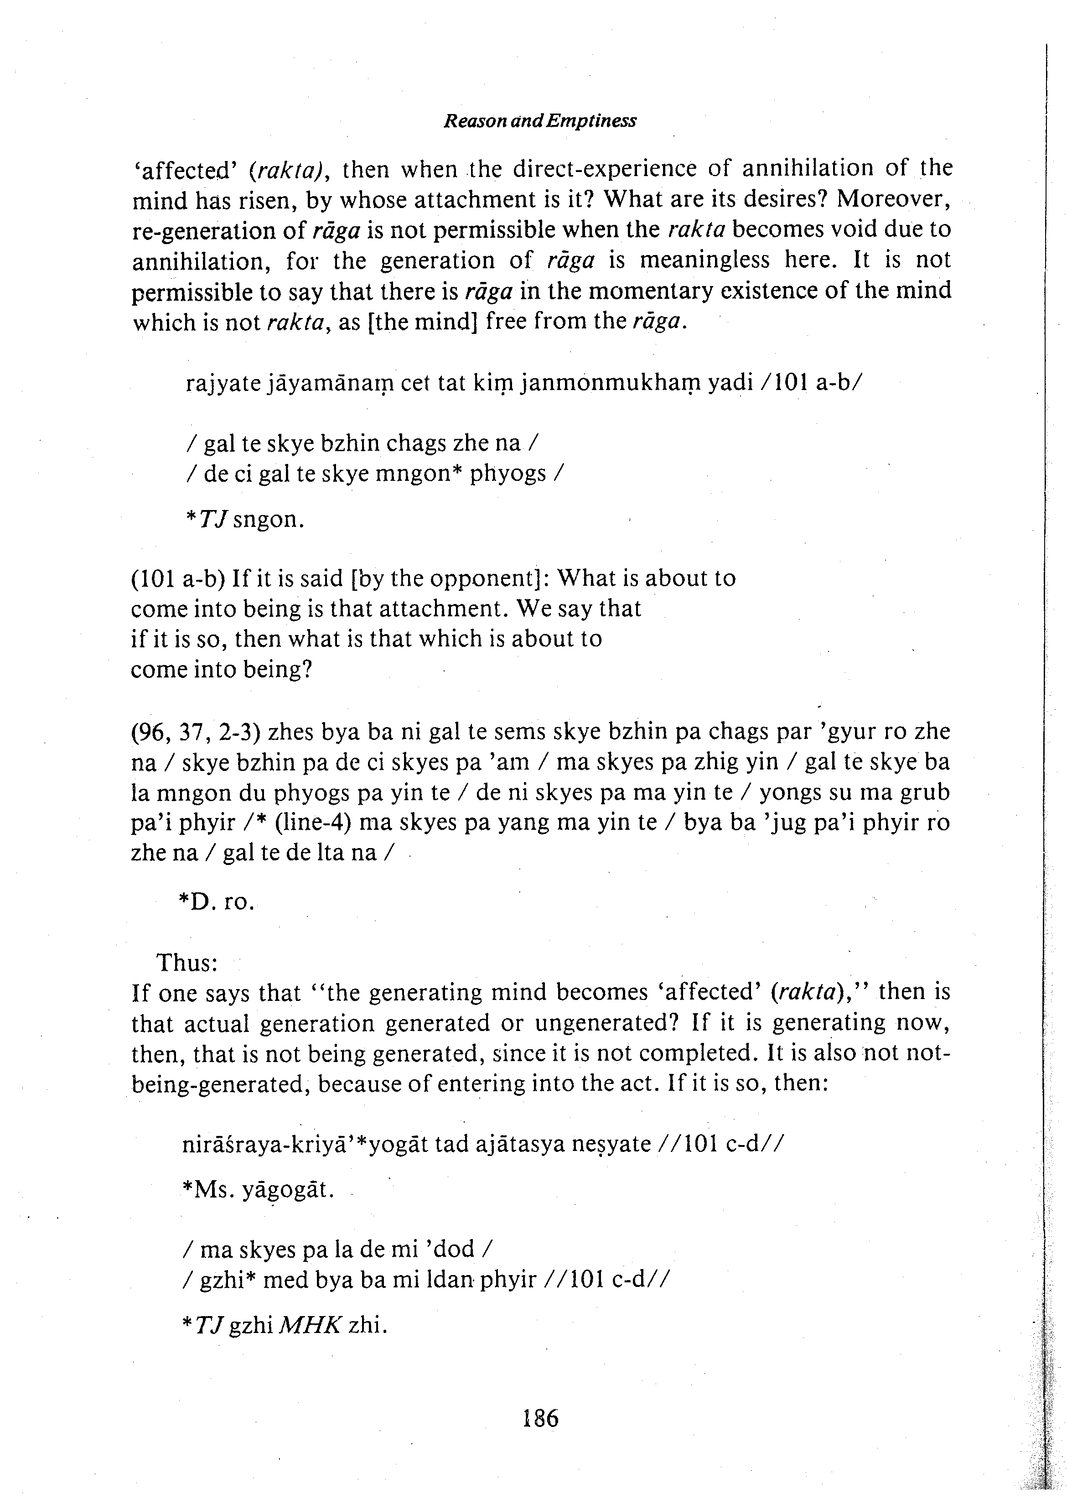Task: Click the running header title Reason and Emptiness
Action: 540,121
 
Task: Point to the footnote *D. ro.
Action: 216,901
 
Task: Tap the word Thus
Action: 186,963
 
